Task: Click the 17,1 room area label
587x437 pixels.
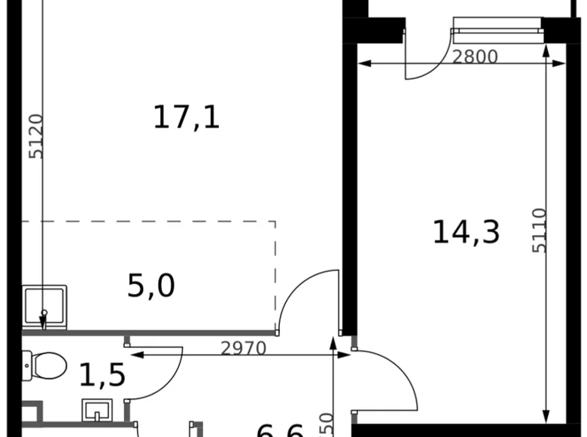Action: (x=187, y=118)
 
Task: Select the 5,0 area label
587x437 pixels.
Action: (x=151, y=286)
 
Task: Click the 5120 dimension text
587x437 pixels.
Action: (x=36, y=136)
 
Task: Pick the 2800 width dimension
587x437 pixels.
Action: (x=475, y=57)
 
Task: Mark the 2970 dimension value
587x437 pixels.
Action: (x=244, y=348)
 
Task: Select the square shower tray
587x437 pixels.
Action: (x=44, y=307)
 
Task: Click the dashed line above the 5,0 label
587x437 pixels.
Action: (x=151, y=222)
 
